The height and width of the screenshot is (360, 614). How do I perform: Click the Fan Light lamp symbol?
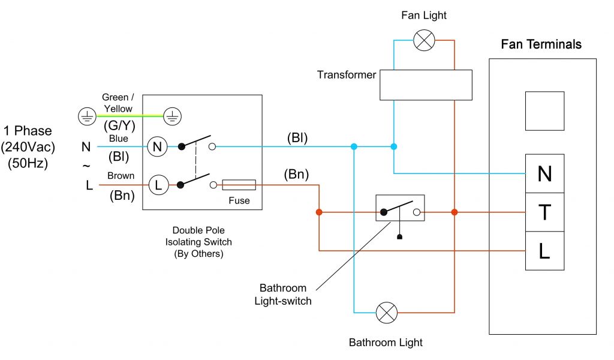(425, 41)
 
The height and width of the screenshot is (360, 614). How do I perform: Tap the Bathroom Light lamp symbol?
(386, 313)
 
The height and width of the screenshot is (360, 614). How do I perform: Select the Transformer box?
(426, 85)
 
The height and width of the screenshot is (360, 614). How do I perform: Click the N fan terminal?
(544, 173)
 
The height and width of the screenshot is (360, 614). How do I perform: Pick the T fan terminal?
(544, 212)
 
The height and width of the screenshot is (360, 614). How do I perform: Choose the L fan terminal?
(544, 250)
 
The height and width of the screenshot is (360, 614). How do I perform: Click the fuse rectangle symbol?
(239, 185)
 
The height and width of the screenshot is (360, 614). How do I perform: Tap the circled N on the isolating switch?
(158, 146)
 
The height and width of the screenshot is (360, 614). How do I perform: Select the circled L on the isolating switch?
(158, 185)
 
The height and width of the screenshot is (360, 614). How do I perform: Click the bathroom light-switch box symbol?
(400, 208)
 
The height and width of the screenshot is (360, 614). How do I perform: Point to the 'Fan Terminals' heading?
(541, 44)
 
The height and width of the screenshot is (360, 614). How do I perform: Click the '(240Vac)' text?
(28, 147)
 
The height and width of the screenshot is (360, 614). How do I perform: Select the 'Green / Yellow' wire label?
(118, 103)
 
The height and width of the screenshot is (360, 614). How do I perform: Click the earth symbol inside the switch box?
(172, 116)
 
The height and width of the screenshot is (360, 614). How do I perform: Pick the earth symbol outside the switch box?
(88, 116)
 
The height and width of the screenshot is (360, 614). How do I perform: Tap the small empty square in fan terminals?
(544, 111)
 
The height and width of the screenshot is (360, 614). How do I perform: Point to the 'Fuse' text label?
(239, 200)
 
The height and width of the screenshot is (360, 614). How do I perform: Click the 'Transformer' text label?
(347, 75)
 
